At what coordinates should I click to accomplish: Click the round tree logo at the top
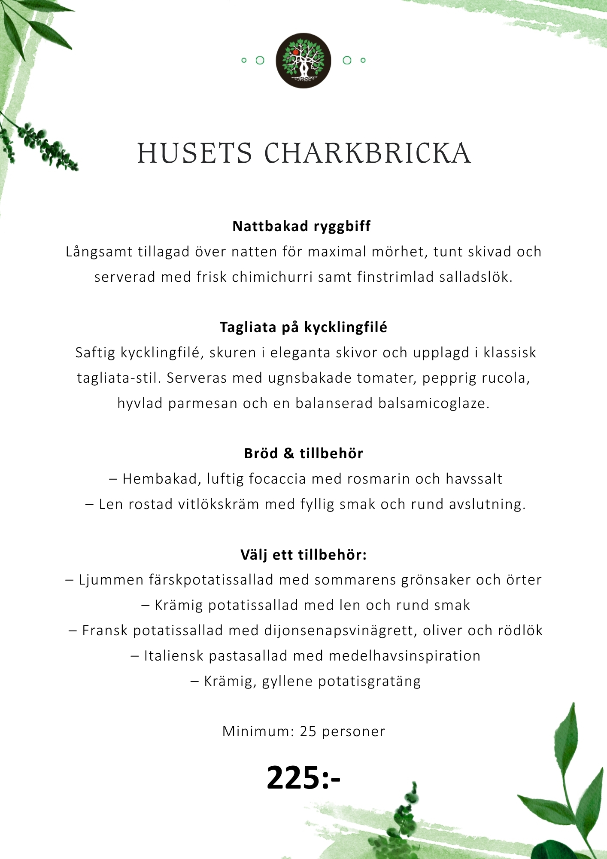(303, 61)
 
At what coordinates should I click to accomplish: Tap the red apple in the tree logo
(295, 52)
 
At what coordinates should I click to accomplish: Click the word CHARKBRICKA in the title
(367, 153)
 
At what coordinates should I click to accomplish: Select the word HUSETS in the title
(194, 153)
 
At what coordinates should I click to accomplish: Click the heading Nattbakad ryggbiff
(301, 226)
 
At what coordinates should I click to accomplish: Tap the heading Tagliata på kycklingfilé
(303, 327)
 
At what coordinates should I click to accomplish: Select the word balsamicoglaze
(434, 403)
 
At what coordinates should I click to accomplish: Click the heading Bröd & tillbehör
(303, 454)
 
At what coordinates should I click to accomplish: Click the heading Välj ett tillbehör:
(303, 555)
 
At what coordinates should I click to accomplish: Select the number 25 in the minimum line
(308, 731)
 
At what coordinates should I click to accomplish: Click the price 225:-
(303, 778)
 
